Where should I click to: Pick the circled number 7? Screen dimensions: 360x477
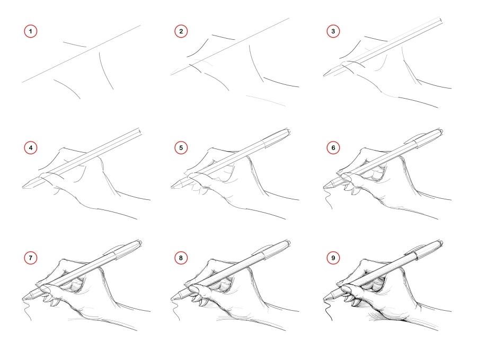[31, 258]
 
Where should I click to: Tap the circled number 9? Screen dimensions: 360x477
[333, 258]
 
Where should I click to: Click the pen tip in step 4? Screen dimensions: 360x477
[24, 186]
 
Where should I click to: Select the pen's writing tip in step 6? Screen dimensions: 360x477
[324, 187]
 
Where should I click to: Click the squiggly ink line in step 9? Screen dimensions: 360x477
[330, 313]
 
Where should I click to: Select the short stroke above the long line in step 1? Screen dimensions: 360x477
[74, 44]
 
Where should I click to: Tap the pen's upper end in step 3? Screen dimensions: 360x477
[441, 20]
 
